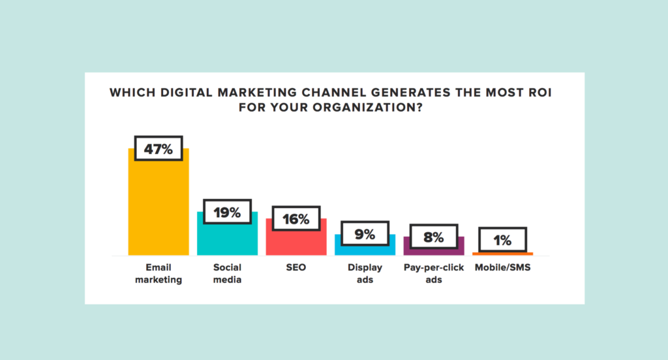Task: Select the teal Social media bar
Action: tap(227, 238)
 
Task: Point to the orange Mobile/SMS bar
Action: tap(502, 253)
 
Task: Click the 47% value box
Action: tap(159, 149)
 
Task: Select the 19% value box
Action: tap(227, 212)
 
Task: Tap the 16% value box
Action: tap(296, 219)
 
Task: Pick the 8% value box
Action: tap(434, 237)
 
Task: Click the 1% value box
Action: tap(502, 240)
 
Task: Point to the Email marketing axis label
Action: tap(159, 273)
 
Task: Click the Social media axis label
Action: tap(227, 273)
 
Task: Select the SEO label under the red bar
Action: tap(296, 267)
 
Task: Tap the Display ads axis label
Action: tap(365, 273)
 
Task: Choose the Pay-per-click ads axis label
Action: tap(434, 273)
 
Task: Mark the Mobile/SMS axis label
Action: tap(502, 267)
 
